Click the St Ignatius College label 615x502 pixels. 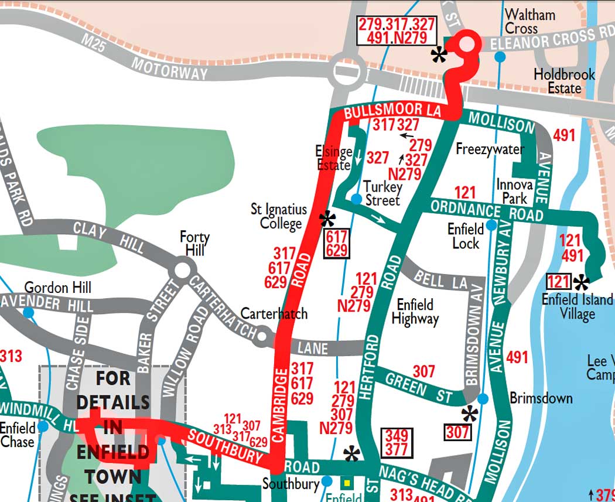point(279,216)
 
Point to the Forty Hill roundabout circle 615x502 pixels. point(183,270)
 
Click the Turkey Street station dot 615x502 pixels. point(356,200)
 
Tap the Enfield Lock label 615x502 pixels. point(466,235)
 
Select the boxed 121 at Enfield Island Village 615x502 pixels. point(558,282)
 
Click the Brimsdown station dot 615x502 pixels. point(483,399)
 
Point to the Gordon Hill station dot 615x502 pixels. point(28,312)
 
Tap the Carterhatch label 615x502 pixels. point(274,313)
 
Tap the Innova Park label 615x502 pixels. point(514,191)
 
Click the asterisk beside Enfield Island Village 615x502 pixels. point(582,283)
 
